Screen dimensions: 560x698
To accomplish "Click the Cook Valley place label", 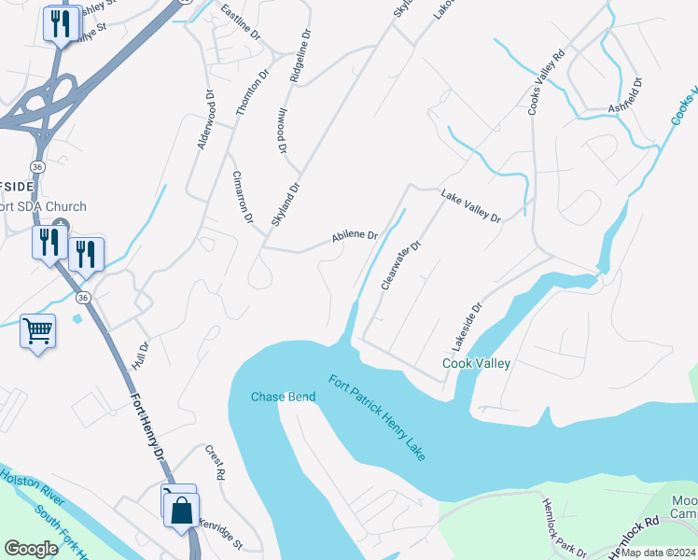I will pyautogui.click(x=476, y=364).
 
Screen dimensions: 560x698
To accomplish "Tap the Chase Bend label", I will pyautogui.click(x=283, y=397).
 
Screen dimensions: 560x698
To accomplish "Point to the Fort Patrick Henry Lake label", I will pyautogui.click(x=376, y=416).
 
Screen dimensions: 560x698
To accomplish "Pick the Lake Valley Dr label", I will pyautogui.click(x=471, y=205).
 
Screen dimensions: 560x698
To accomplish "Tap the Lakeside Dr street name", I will pyautogui.click(x=468, y=320).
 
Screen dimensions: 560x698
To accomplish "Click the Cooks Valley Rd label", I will pyautogui.click(x=548, y=81).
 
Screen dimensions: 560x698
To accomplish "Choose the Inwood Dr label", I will pyautogui.click(x=282, y=130).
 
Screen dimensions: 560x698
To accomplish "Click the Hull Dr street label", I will pyautogui.click(x=141, y=356).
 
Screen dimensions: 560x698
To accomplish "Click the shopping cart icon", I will pyautogui.click(x=37, y=330).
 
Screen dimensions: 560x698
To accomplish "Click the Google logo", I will pyautogui.click(x=31, y=549).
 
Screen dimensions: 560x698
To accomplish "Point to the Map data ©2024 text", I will pyautogui.click(x=657, y=553).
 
